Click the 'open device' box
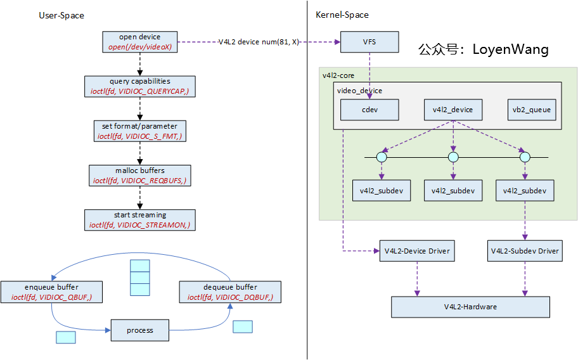(x=140, y=42)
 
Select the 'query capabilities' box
(x=140, y=86)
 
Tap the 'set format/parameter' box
(x=140, y=131)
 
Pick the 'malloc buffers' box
(x=140, y=175)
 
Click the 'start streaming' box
(x=140, y=219)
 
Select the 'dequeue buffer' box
(x=230, y=292)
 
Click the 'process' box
(x=140, y=330)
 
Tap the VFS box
(x=369, y=42)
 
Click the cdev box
(x=369, y=110)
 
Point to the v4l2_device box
(x=453, y=110)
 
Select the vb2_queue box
(x=532, y=110)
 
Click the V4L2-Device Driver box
(x=416, y=251)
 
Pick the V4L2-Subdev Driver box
(x=525, y=251)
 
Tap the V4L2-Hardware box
(x=470, y=307)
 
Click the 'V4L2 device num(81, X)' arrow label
(x=259, y=42)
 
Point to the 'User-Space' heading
(x=61, y=15)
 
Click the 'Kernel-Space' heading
(x=342, y=15)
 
